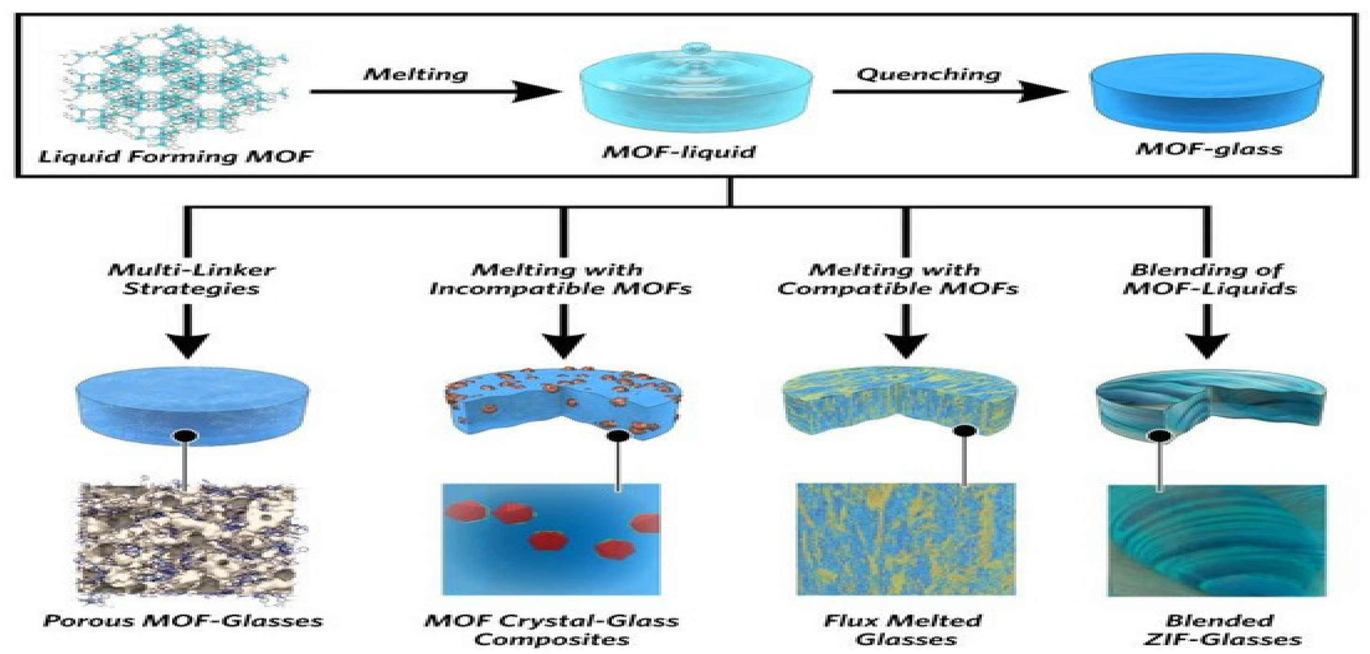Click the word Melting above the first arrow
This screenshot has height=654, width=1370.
coord(415,74)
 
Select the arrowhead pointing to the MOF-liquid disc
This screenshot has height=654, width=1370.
coord(537,91)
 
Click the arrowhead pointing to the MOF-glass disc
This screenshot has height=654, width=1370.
coord(1044,91)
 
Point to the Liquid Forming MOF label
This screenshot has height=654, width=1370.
coord(176,156)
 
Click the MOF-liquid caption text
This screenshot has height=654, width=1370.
coord(679,152)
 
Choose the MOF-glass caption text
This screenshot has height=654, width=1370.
coord(1209,149)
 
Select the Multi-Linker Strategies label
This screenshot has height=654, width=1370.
coord(192,279)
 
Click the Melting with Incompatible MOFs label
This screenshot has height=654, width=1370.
coord(561,279)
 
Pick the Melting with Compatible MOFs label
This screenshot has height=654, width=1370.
coord(898,279)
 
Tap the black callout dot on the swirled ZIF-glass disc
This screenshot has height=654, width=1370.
coord(1160,436)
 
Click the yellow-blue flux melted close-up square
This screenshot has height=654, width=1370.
coord(906,539)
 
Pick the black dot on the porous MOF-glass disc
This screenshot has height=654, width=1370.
coord(185,436)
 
